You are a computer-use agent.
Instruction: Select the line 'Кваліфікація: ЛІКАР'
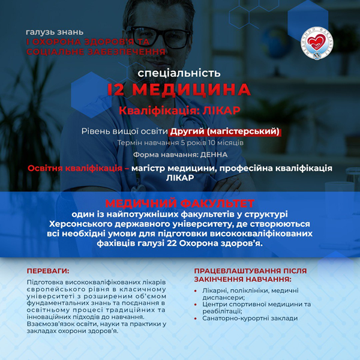[x=179, y=111]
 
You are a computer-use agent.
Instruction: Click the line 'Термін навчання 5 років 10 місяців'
[x=179, y=143]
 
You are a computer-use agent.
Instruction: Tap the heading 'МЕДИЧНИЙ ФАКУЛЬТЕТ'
[x=179, y=203]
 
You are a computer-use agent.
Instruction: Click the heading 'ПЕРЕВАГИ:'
[x=48, y=271]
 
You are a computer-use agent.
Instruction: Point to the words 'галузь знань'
[x=55, y=31]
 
